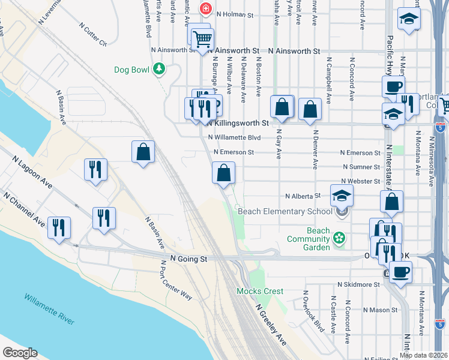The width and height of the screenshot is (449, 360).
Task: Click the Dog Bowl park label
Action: click(x=131, y=70)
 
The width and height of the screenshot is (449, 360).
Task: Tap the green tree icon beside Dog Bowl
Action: click(x=159, y=70)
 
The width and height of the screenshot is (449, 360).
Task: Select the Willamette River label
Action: click(x=49, y=308)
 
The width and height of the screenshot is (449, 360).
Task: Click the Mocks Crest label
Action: click(x=259, y=291)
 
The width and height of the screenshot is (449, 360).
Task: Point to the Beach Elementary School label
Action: click(x=285, y=211)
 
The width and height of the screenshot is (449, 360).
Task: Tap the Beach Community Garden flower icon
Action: click(x=339, y=238)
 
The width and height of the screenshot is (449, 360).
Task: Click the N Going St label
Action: click(x=188, y=259)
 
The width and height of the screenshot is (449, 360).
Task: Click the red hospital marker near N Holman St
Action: click(x=206, y=8)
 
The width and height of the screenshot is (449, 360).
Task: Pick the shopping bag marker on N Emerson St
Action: click(x=223, y=174)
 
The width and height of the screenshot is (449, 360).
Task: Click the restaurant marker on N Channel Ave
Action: click(x=59, y=227)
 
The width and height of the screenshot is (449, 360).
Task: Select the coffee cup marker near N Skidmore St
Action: click(x=400, y=272)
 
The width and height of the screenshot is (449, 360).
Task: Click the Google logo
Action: click(x=20, y=353)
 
